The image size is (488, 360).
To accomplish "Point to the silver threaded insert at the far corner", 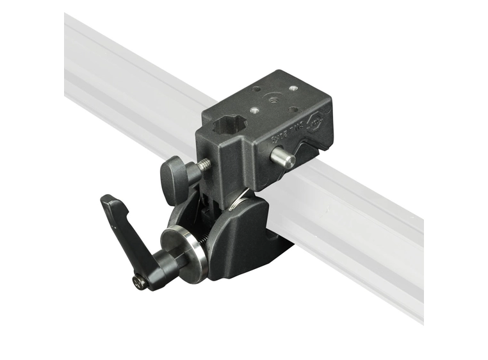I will click(293, 88).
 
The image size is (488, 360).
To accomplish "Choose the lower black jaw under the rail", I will click(243, 243).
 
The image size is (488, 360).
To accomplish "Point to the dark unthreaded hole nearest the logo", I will click(294, 110).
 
